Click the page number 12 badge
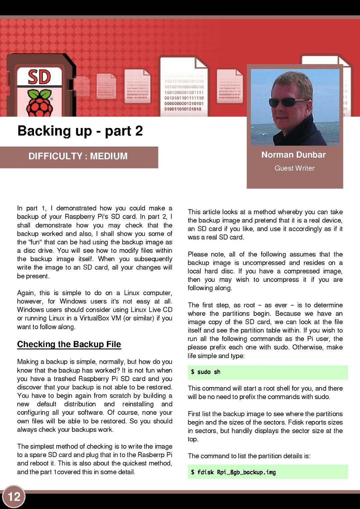click(x=14, y=497)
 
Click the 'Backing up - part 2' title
click(x=80, y=131)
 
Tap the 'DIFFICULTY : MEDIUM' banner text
click(x=78, y=156)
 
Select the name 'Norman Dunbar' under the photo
click(x=293, y=155)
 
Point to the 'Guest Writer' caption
click(x=294, y=168)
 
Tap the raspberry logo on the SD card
click(x=40, y=103)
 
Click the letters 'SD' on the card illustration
click(x=39, y=77)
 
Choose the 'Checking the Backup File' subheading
click(x=69, y=344)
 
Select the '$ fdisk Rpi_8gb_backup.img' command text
click(x=233, y=472)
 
